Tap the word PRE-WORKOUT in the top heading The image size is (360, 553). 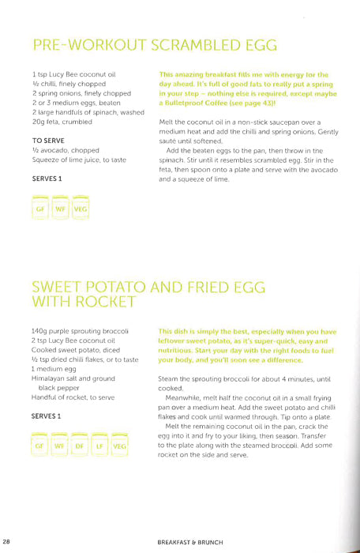[x=83, y=45]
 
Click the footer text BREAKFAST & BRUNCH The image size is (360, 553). [x=192, y=541]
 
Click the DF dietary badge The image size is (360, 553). [x=79, y=446]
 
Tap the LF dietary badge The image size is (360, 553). [x=99, y=446]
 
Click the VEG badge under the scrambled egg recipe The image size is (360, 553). [x=81, y=210]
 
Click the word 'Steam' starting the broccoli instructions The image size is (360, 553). [x=170, y=379]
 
